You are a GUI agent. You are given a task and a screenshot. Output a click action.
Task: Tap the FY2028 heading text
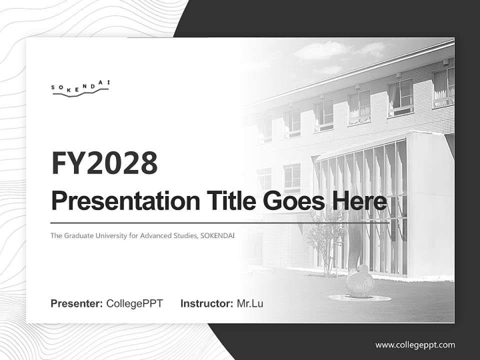104,163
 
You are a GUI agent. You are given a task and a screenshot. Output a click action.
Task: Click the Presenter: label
77,303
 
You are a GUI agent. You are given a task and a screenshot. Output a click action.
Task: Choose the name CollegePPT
134,303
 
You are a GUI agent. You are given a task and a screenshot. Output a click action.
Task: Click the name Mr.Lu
250,303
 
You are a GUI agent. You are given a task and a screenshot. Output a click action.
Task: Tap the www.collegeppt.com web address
415,345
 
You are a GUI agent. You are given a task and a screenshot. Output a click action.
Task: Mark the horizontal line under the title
220,222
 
